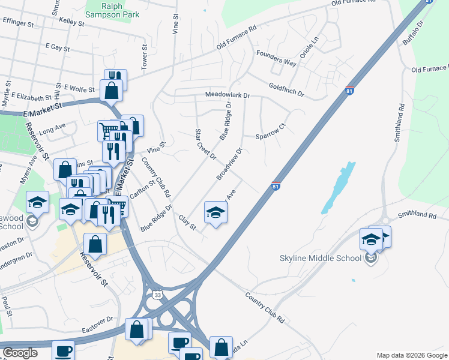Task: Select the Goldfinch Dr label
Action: click(286, 91)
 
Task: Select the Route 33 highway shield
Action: click(157, 295)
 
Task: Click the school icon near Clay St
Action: click(216, 212)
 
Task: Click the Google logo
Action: click(20, 352)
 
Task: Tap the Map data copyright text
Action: click(411, 355)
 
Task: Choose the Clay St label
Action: click(188, 223)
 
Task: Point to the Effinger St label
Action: click(18, 23)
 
